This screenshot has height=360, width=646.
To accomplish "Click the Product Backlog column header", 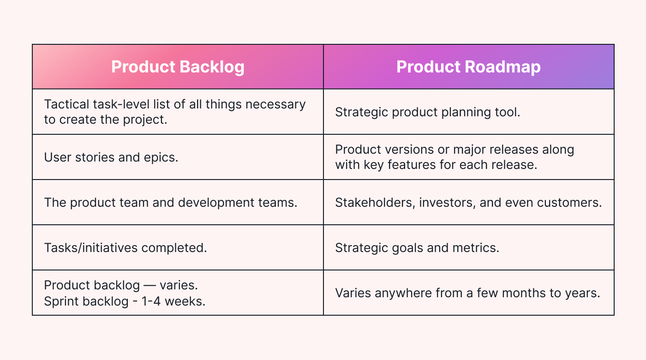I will click(x=178, y=67).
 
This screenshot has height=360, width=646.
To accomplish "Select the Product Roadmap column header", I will click(x=468, y=67).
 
